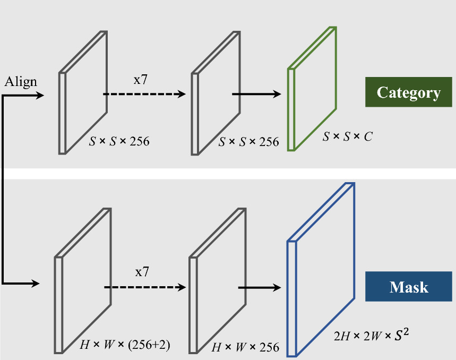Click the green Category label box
(408, 93)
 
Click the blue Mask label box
(408, 287)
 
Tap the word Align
(21, 82)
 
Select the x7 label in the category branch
(141, 80)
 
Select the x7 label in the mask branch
(142, 272)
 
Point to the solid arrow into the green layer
(256, 94)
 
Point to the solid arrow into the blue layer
(259, 287)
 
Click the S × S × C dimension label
(348, 137)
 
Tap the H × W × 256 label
(245, 348)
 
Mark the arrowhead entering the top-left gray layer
(39, 96)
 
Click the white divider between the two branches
(228, 174)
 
